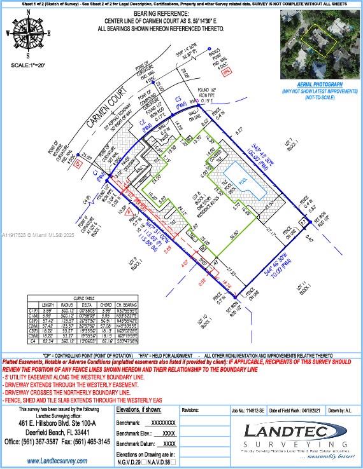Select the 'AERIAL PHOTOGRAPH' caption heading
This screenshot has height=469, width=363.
point(320,85)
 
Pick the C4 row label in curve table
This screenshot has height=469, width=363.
point(32,342)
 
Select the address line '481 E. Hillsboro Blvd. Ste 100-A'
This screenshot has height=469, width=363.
point(57,423)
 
